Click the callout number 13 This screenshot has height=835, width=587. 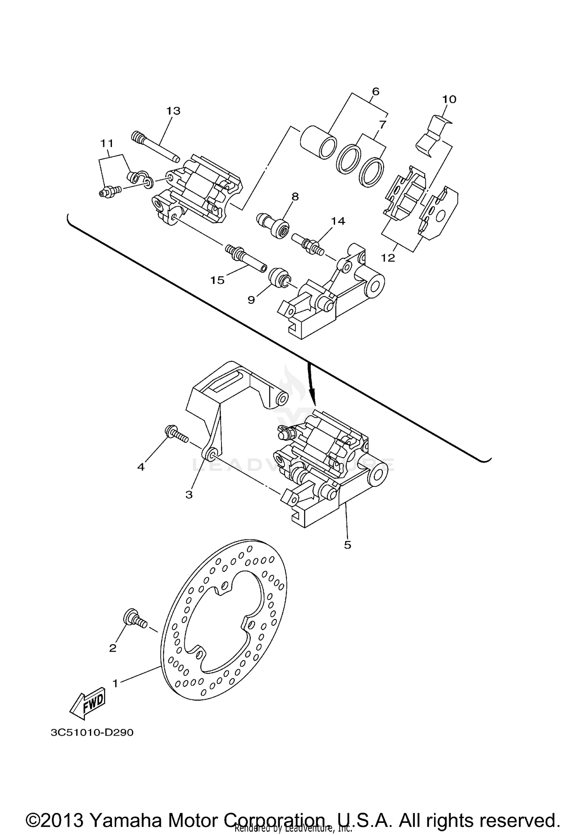173,111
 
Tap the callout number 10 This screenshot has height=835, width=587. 449,99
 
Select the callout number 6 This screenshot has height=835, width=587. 375,92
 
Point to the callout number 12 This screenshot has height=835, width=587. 388,258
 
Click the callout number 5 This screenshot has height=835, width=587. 348,545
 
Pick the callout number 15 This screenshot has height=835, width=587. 218,280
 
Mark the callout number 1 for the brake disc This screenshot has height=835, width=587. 115,683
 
